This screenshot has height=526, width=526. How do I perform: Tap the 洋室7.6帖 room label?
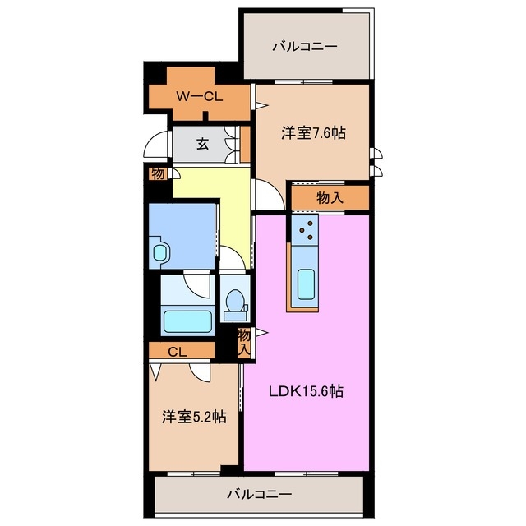pos(312,132)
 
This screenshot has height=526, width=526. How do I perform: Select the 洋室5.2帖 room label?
pos(194,417)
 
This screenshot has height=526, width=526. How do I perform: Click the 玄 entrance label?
pos(202,144)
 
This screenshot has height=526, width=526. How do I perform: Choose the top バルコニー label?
pos(305,46)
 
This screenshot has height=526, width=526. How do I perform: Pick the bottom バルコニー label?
pos(259,495)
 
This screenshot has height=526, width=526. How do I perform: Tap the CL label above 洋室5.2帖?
pos(177,352)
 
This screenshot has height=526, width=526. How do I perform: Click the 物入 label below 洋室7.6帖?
pos(330,197)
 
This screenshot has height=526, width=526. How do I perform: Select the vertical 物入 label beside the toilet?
pos(244,341)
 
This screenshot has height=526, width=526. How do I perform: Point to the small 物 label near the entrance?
pos(156,173)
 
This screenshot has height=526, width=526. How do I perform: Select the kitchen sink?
pos(306,284)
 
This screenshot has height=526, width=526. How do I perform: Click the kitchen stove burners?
pos(304,232)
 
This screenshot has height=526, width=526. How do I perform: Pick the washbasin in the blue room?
pos(159,251)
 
